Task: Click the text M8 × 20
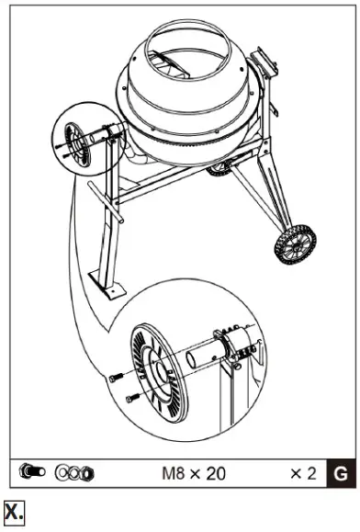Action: (194, 474)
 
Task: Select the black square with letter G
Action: (340, 474)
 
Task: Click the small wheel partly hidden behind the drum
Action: (218, 169)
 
